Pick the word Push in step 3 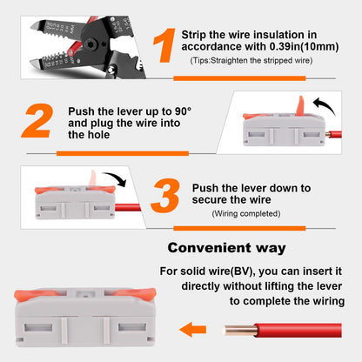pyautogui.click(x=206, y=187)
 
